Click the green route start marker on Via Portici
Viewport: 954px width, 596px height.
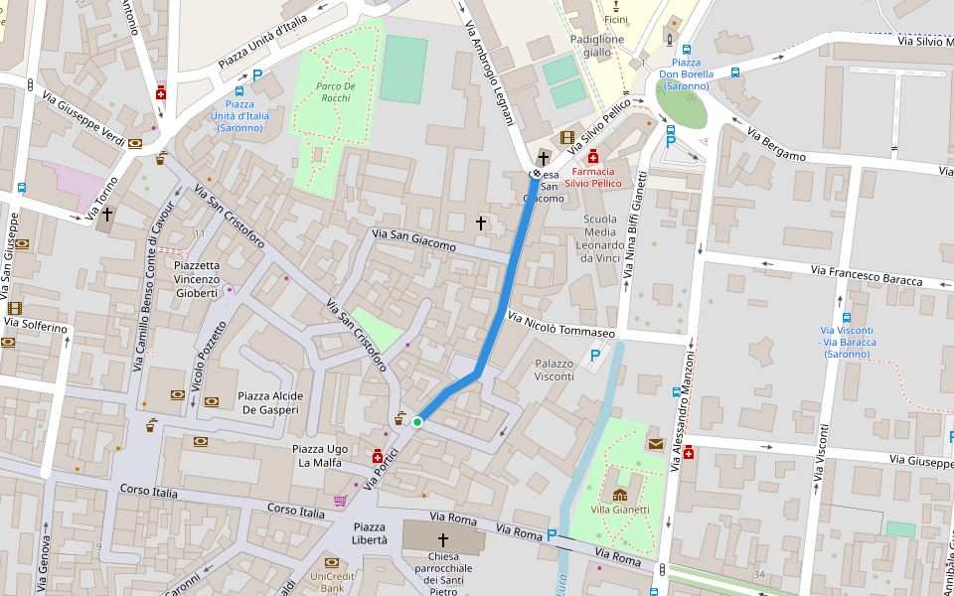417,422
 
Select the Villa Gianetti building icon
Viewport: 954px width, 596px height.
620,495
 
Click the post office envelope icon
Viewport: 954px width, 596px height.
656,443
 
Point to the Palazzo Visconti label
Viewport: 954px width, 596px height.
555,370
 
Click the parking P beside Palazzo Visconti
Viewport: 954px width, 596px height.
595,355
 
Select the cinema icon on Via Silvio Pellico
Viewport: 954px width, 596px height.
566,137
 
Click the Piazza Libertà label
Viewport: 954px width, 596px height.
370,533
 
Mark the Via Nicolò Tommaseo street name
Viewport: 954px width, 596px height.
560,325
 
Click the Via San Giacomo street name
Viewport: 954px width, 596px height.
413,239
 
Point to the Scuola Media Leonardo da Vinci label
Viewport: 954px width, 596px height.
600,238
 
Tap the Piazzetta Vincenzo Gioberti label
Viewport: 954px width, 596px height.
196,279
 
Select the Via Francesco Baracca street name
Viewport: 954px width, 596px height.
866,275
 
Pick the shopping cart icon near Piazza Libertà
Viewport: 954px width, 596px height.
341,501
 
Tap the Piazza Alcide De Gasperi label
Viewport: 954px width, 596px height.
270,402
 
